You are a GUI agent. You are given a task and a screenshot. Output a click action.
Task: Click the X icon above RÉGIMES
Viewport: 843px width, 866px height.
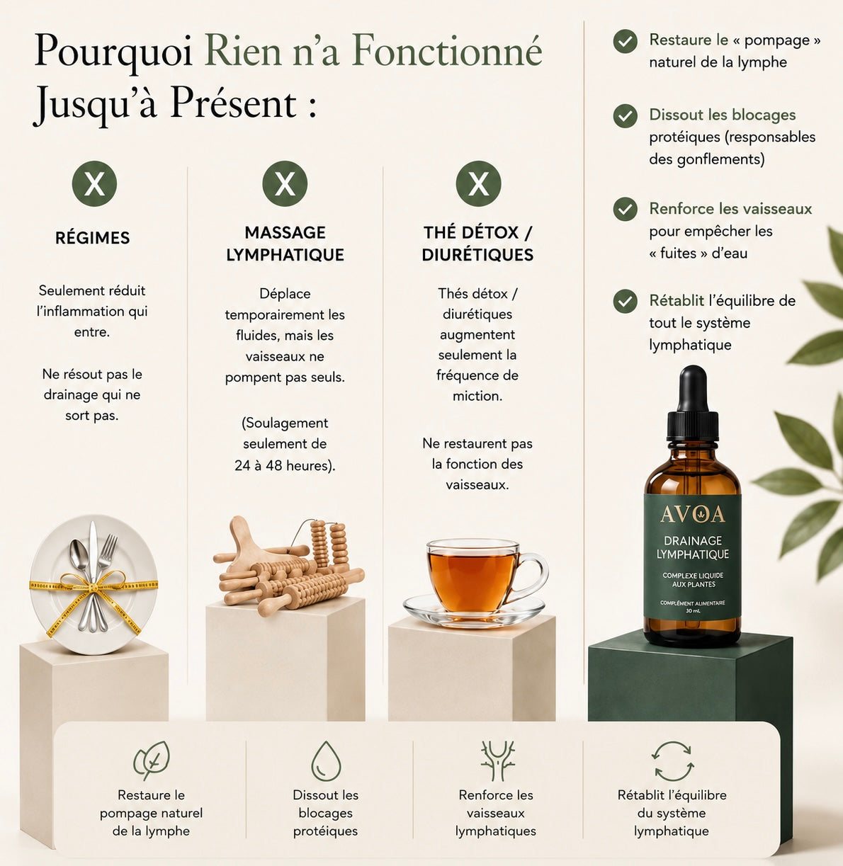click(x=94, y=183)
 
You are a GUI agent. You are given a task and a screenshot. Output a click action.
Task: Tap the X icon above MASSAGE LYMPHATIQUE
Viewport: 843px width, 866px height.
click(x=285, y=183)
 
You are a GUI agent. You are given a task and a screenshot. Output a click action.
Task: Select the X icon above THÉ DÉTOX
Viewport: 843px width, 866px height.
click(x=478, y=183)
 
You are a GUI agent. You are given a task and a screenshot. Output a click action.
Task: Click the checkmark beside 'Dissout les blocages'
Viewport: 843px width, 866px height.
click(x=626, y=116)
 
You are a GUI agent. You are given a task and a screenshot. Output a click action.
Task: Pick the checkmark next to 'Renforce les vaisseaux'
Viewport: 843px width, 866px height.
click(x=626, y=209)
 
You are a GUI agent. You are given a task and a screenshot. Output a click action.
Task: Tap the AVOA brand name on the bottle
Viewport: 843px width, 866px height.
click(x=693, y=515)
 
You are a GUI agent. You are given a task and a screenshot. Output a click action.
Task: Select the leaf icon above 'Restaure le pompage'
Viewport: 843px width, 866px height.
click(x=152, y=760)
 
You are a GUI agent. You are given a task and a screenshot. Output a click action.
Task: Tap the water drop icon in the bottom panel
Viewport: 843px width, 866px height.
click(x=326, y=761)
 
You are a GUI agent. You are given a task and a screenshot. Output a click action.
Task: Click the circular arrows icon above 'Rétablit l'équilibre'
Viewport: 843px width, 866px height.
click(x=672, y=761)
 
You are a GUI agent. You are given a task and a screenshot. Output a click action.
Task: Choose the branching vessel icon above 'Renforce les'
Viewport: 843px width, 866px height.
click(x=497, y=760)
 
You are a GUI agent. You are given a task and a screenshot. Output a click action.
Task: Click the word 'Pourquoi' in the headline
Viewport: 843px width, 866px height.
click(x=113, y=51)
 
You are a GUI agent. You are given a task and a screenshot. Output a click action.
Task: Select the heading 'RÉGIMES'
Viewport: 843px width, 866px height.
click(x=93, y=238)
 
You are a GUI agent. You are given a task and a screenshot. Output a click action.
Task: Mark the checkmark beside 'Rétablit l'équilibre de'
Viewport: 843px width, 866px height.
click(x=626, y=301)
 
